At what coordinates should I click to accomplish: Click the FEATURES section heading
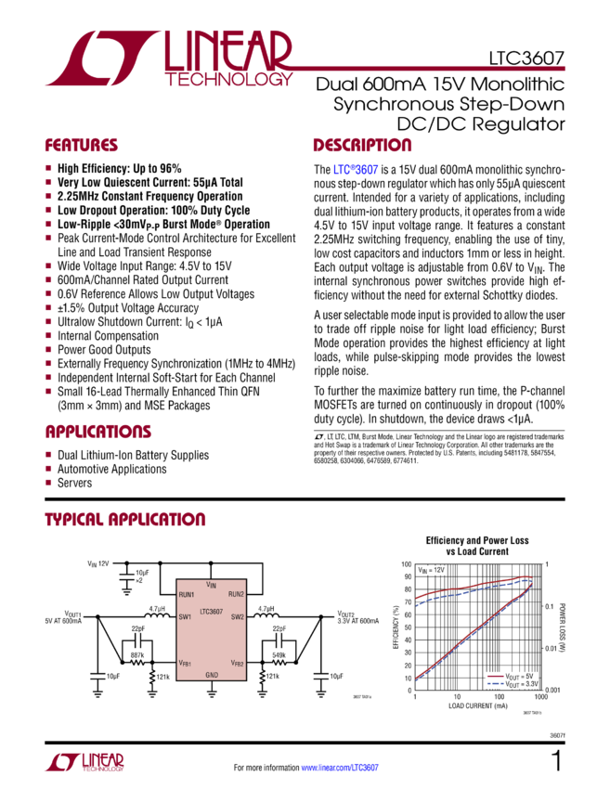click(82, 146)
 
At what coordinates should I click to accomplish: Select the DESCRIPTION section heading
click(362, 146)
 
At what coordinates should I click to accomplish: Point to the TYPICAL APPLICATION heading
click(125, 520)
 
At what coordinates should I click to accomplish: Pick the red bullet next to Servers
click(48, 483)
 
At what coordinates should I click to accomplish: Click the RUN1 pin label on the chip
click(187, 594)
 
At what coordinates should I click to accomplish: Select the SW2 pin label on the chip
click(237, 616)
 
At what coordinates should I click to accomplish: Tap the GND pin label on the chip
click(212, 674)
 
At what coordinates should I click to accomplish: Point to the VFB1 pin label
click(186, 664)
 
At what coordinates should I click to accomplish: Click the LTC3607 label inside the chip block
click(210, 611)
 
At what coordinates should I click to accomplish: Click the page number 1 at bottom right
click(557, 761)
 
